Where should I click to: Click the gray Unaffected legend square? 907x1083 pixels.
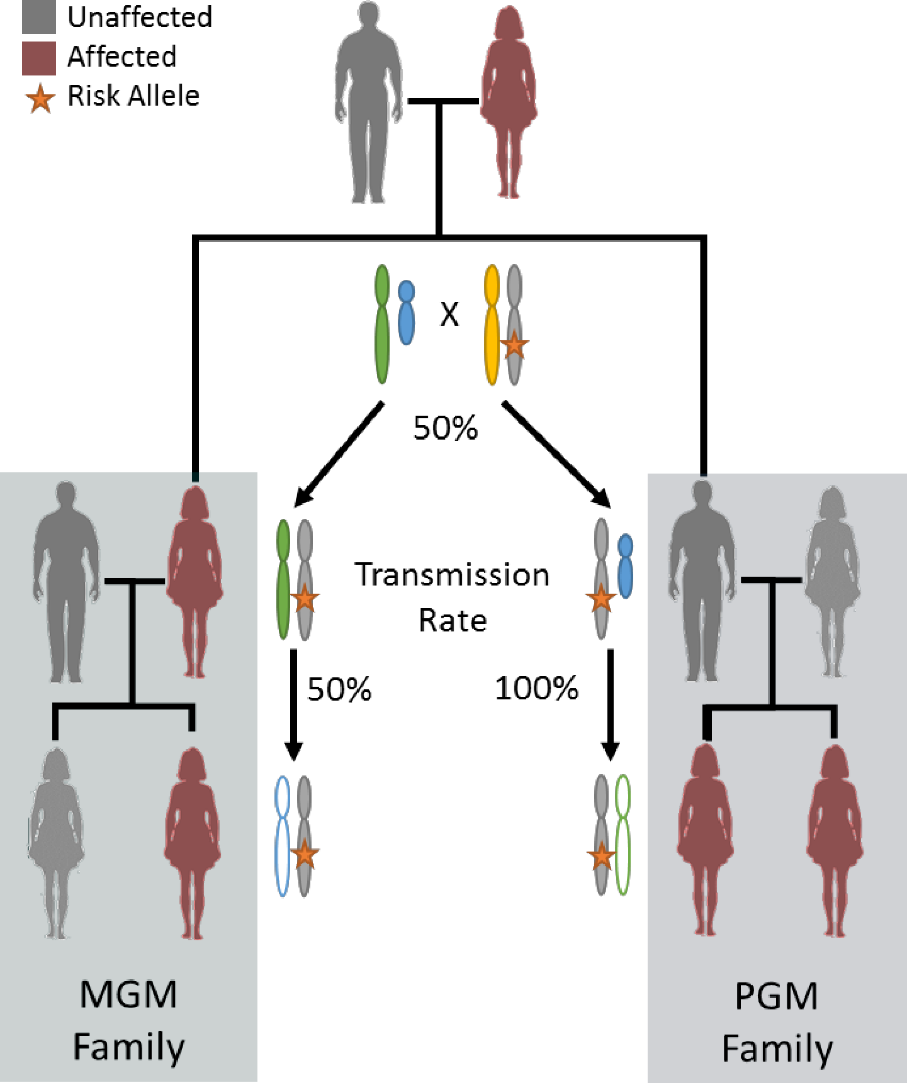(39, 17)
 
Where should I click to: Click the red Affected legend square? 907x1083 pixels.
(39, 58)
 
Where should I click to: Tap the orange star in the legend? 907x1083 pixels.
(40, 99)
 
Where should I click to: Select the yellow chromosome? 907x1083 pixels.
(492, 325)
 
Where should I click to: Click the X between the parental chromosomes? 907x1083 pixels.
(449, 314)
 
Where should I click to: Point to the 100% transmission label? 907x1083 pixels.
(537, 688)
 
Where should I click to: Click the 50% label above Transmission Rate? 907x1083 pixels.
(446, 428)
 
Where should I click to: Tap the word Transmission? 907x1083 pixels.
(452, 575)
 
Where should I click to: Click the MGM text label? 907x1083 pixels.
(128, 995)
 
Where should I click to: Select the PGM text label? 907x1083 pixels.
(777, 996)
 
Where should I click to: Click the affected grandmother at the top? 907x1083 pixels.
(509, 102)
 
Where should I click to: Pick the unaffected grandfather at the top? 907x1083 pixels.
(369, 103)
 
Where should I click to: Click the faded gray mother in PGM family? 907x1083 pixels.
(833, 581)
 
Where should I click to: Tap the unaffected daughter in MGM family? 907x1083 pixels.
(56, 843)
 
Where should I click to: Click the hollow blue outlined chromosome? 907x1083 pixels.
(283, 836)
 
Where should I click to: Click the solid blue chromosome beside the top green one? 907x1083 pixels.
(407, 312)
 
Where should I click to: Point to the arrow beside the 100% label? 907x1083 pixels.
(610, 705)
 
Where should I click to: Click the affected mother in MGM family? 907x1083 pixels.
(194, 581)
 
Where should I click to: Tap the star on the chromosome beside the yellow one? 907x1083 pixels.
(514, 345)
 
